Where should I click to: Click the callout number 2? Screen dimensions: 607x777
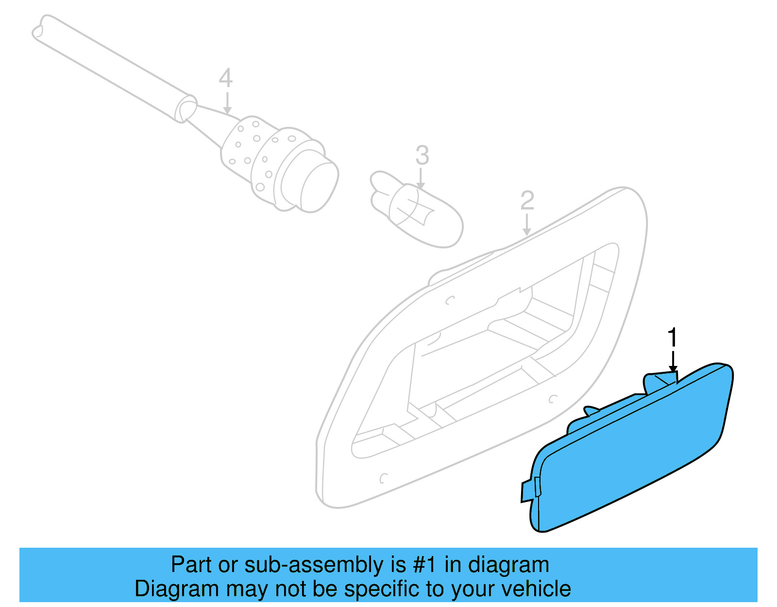tap(527, 200)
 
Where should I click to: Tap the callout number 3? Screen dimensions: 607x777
tap(422, 156)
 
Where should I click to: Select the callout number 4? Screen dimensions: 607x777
tap(225, 78)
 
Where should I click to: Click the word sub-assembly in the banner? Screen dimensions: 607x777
tap(314, 565)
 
